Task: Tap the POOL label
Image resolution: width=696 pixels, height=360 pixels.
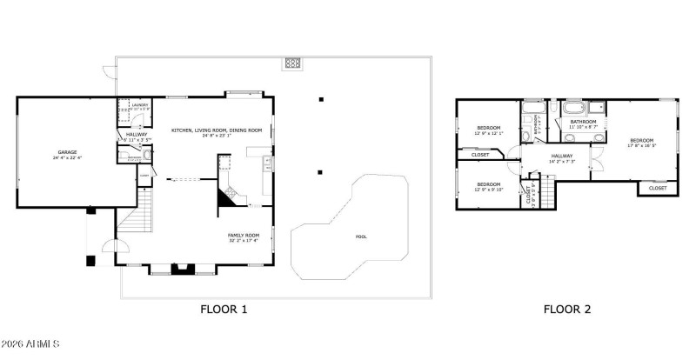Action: click(361, 237)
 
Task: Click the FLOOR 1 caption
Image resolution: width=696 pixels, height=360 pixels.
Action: click(224, 309)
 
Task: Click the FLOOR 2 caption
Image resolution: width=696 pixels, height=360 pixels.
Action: click(567, 309)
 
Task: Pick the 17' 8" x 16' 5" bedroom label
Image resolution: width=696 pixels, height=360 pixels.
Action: click(641, 143)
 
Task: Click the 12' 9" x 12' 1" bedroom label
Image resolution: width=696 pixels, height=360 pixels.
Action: click(488, 130)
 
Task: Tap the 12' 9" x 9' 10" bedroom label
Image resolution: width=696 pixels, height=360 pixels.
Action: click(488, 186)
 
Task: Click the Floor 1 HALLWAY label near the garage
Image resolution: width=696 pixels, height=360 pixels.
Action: click(137, 136)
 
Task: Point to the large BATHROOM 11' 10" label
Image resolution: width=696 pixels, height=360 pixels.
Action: click(583, 123)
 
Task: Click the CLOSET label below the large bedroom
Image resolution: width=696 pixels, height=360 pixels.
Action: click(658, 188)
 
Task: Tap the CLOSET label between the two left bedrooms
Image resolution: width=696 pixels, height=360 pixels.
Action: click(480, 156)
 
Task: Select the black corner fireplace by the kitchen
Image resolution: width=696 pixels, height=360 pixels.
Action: click(226, 198)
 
